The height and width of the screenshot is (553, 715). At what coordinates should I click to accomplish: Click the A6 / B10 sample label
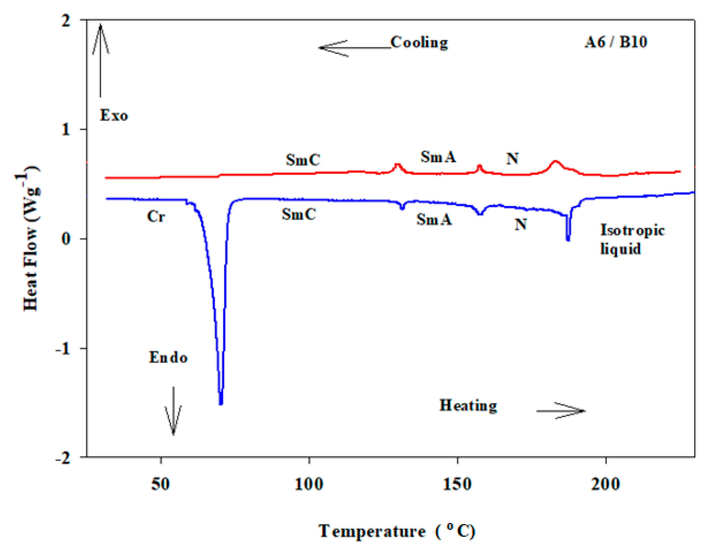(x=615, y=42)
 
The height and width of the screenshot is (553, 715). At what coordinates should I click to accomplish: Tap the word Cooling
(x=419, y=42)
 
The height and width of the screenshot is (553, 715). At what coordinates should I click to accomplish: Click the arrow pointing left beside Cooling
(x=354, y=48)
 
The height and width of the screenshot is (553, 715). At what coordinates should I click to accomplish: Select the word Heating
(x=468, y=405)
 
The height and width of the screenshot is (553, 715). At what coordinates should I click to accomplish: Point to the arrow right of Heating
(x=561, y=410)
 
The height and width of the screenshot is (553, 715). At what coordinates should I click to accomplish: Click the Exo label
(x=114, y=115)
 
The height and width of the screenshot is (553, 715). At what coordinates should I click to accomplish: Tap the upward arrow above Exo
(x=100, y=59)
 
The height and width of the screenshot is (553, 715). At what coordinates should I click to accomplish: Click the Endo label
(x=168, y=358)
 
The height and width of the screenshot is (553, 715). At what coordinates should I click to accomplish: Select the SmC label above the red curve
(x=302, y=160)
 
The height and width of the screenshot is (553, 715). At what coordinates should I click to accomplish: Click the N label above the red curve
(x=512, y=159)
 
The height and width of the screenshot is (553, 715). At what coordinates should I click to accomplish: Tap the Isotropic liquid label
(x=632, y=239)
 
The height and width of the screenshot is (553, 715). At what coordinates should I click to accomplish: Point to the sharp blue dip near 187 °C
(x=568, y=239)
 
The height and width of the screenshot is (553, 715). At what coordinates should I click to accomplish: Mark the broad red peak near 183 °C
(x=555, y=162)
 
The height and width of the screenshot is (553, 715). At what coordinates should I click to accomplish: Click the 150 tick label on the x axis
(x=457, y=484)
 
